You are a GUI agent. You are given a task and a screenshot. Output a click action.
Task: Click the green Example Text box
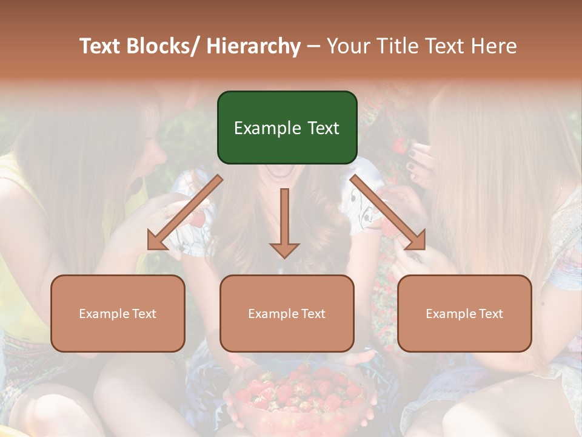click(287, 127)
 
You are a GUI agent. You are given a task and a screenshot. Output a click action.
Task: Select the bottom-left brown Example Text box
click(118, 313)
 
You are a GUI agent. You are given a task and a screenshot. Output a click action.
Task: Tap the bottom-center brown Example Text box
click(287, 313)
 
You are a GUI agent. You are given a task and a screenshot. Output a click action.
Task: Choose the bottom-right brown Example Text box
click(464, 313)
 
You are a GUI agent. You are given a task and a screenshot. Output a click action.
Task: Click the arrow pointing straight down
click(284, 222)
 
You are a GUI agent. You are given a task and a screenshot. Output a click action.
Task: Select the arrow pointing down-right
click(388, 212)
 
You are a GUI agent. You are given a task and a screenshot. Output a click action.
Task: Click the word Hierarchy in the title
click(253, 46)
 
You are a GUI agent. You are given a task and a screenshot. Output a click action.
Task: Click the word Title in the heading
click(399, 46)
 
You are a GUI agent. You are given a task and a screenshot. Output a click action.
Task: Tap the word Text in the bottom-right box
click(490, 314)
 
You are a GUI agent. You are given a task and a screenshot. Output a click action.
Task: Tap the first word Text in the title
click(101, 46)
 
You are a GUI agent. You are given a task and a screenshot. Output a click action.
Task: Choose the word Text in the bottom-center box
click(312, 314)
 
